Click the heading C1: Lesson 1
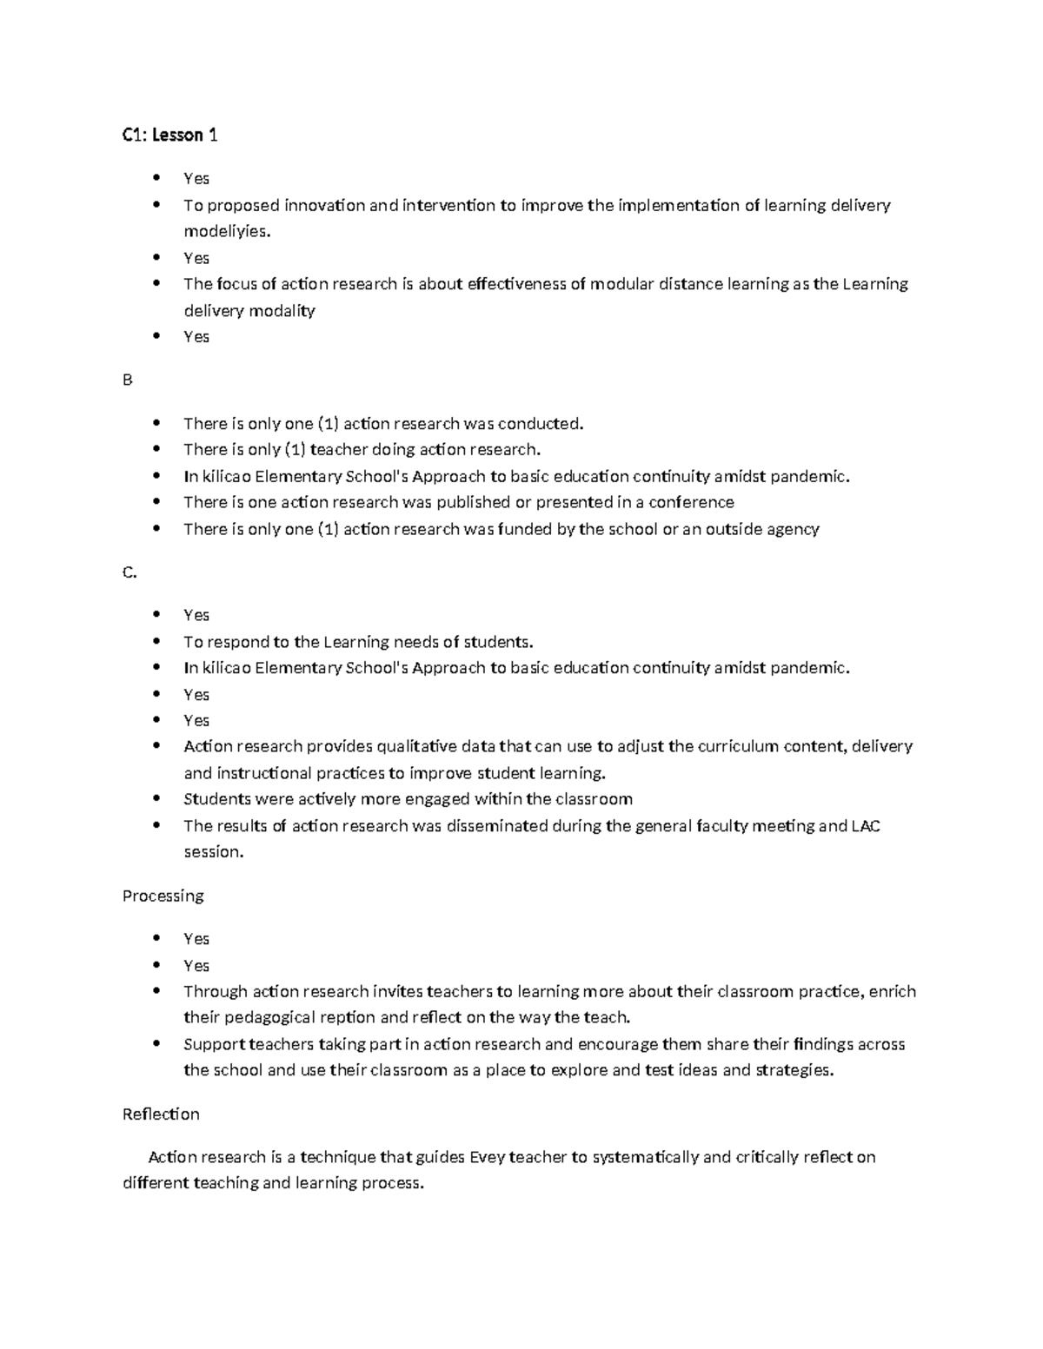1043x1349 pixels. (169, 135)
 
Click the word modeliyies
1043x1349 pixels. (227, 232)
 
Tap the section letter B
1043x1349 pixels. (128, 380)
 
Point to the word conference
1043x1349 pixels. (691, 502)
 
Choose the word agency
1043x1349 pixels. (793, 529)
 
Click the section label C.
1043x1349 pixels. (130, 572)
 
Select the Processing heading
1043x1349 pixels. (163, 896)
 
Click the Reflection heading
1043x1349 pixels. (161, 1114)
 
